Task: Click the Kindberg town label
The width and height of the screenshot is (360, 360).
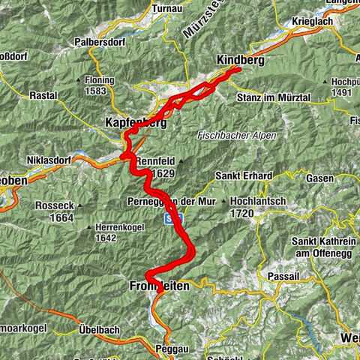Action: (239, 60)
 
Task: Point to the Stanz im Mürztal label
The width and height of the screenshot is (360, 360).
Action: (263, 98)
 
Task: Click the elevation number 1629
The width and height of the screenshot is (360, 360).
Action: (163, 173)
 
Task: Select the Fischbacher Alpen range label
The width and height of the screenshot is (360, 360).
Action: (237, 135)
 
